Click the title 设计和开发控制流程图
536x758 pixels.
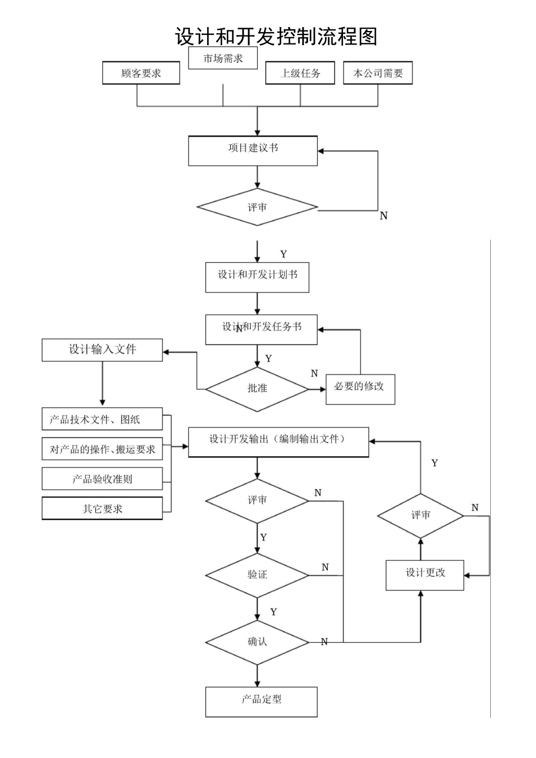coord(275,37)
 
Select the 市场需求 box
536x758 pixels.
coord(223,58)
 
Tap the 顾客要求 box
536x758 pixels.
coord(141,73)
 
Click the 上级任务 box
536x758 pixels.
coord(300,73)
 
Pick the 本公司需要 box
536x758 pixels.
coord(377,73)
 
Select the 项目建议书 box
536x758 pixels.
coord(253,151)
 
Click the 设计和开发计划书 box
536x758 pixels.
coord(257,277)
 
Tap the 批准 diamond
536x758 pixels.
coord(257,389)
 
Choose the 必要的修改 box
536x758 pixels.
coord(360,389)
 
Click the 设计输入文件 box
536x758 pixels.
coord(102,350)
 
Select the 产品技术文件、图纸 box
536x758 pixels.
coord(102,420)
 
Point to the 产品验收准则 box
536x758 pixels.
coord(102,479)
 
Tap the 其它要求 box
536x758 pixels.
coord(102,509)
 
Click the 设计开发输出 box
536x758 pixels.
coord(278,442)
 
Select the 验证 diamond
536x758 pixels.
coord(257,575)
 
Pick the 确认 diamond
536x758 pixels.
coord(257,642)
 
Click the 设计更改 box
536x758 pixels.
coord(425,575)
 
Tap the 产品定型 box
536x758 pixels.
coord(261,701)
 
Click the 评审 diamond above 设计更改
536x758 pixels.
coord(420,515)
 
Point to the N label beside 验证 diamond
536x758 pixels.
coord(325,567)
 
